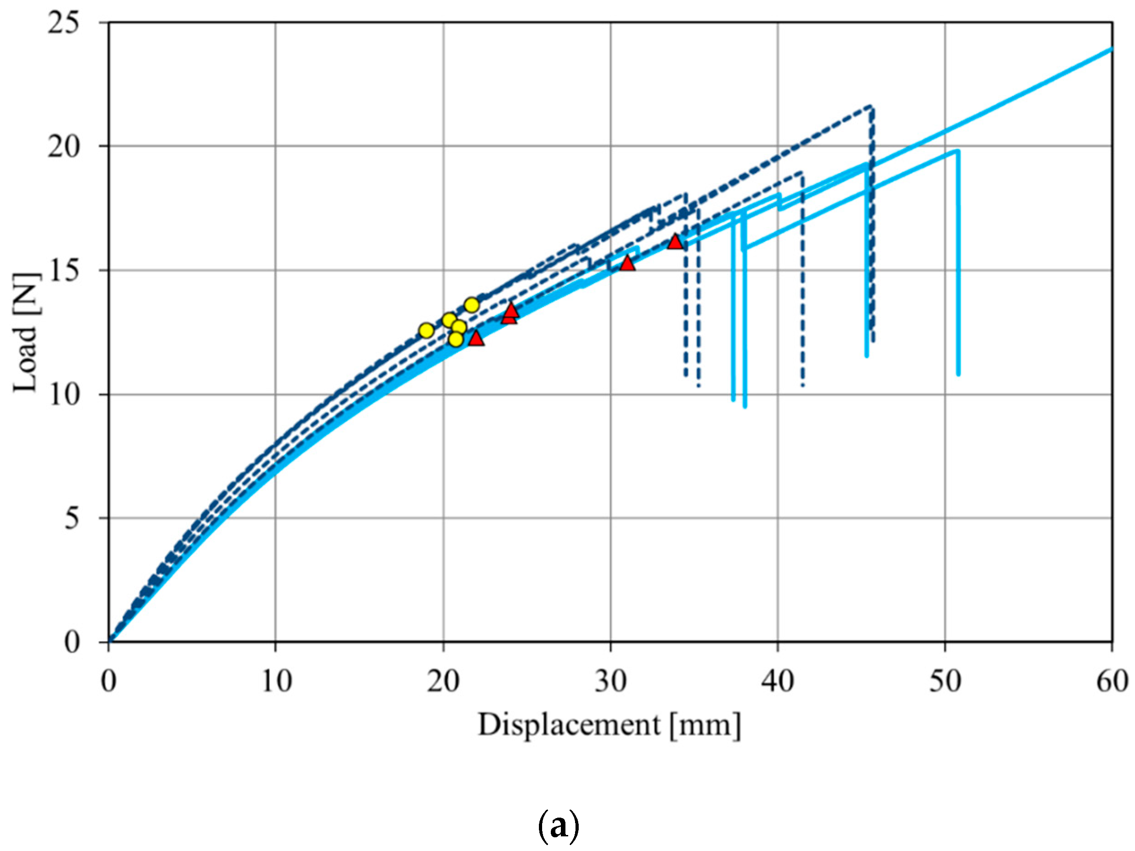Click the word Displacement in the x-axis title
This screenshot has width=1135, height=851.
569,725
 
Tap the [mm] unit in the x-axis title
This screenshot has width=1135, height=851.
705,725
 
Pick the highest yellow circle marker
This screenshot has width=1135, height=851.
472,305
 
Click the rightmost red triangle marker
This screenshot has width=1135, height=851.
675,242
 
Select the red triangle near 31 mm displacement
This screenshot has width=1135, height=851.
628,264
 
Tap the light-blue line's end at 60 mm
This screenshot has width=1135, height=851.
1111,49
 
